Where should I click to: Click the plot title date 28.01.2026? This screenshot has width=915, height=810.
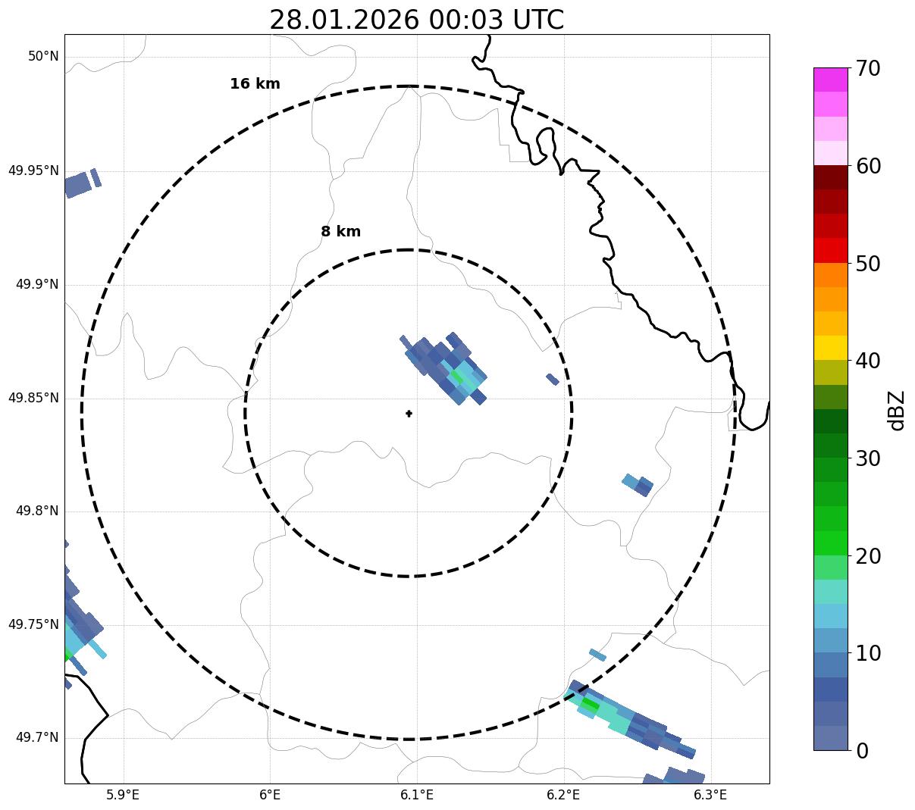[343, 20]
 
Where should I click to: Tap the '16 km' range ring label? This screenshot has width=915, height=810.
[255, 84]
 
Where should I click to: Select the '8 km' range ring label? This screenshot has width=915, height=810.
[340, 232]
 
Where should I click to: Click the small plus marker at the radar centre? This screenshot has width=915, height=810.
[409, 414]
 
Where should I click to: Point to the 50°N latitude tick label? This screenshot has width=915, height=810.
[43, 57]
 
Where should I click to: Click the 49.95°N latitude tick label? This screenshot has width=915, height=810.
[33, 170]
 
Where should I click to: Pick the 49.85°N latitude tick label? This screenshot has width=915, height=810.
[33, 398]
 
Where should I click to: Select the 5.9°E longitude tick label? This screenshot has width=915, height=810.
[123, 795]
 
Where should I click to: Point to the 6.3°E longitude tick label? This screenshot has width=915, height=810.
[710, 795]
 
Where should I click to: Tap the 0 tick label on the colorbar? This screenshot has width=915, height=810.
[862, 751]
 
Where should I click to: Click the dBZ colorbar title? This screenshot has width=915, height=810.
[898, 410]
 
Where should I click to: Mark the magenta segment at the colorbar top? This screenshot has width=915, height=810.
[830, 80]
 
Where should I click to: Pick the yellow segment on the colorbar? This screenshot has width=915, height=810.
[830, 348]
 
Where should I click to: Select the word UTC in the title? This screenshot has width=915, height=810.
[537, 20]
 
